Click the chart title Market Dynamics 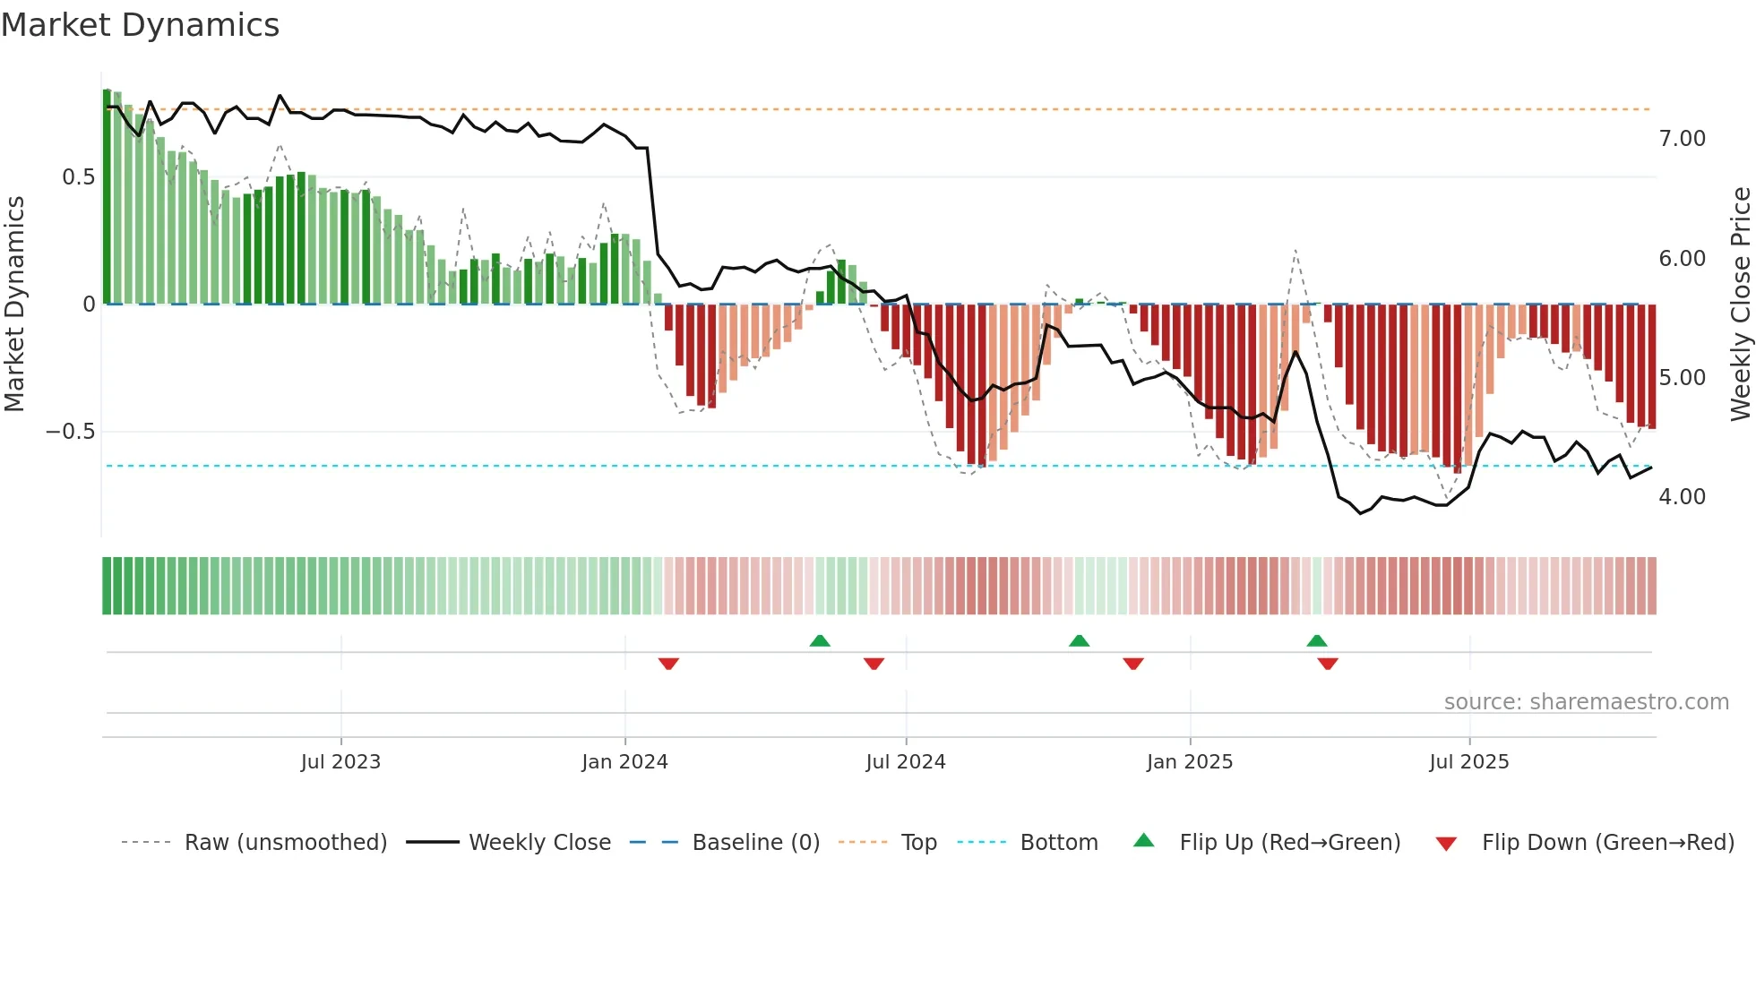pyautogui.click(x=140, y=25)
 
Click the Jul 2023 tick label pyautogui.click(x=340, y=762)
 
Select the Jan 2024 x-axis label pyautogui.click(x=624, y=762)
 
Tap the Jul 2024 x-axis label pyautogui.click(x=905, y=762)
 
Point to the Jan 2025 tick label pyautogui.click(x=1189, y=762)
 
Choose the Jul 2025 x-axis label pyautogui.click(x=1468, y=762)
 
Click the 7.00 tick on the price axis pyautogui.click(x=1682, y=139)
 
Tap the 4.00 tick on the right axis pyautogui.click(x=1682, y=497)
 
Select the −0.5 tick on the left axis pyautogui.click(x=70, y=432)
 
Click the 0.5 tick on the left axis pyautogui.click(x=78, y=177)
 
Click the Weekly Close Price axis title pyautogui.click(x=1740, y=304)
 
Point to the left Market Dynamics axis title pyautogui.click(x=14, y=304)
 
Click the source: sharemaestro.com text pyautogui.click(x=1586, y=702)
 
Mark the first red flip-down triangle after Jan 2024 pyautogui.click(x=668, y=664)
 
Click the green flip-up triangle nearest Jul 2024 pyautogui.click(x=820, y=640)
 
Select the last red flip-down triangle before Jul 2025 pyautogui.click(x=1328, y=664)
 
